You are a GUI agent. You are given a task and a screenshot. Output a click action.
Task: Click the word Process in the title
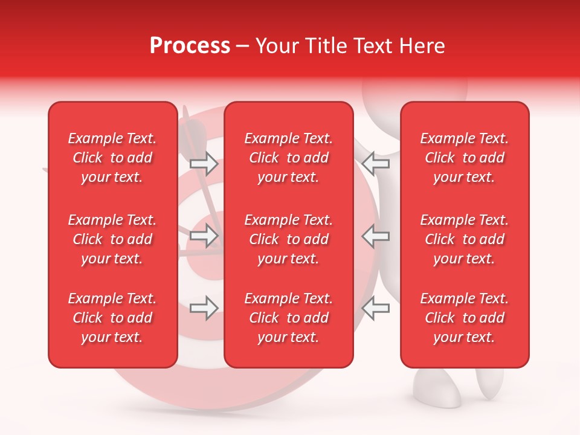click(x=190, y=46)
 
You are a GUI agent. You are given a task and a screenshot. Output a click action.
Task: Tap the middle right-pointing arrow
click(x=204, y=236)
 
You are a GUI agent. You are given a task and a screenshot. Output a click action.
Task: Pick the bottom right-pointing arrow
click(x=204, y=308)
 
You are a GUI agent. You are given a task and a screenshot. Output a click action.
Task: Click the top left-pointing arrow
click(x=375, y=163)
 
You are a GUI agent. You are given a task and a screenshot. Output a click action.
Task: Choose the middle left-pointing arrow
click(x=375, y=236)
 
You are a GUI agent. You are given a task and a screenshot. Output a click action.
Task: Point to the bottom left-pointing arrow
click(x=375, y=308)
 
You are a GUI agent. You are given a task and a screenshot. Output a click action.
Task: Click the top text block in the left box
click(x=112, y=158)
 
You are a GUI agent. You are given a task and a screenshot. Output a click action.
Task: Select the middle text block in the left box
click(x=112, y=239)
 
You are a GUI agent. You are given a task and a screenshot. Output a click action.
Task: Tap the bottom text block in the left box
click(x=112, y=318)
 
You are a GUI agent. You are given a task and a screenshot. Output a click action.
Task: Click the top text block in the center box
click(x=288, y=158)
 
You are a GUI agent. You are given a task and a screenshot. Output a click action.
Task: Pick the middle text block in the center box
click(x=288, y=239)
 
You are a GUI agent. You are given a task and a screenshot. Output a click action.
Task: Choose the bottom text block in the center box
click(x=288, y=318)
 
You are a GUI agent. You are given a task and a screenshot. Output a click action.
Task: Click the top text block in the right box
click(x=464, y=158)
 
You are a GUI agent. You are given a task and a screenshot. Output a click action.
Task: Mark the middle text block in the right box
click(x=464, y=239)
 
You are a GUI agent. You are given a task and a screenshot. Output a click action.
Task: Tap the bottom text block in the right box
click(x=464, y=318)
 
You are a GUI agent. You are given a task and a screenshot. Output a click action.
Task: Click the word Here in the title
click(x=420, y=46)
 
